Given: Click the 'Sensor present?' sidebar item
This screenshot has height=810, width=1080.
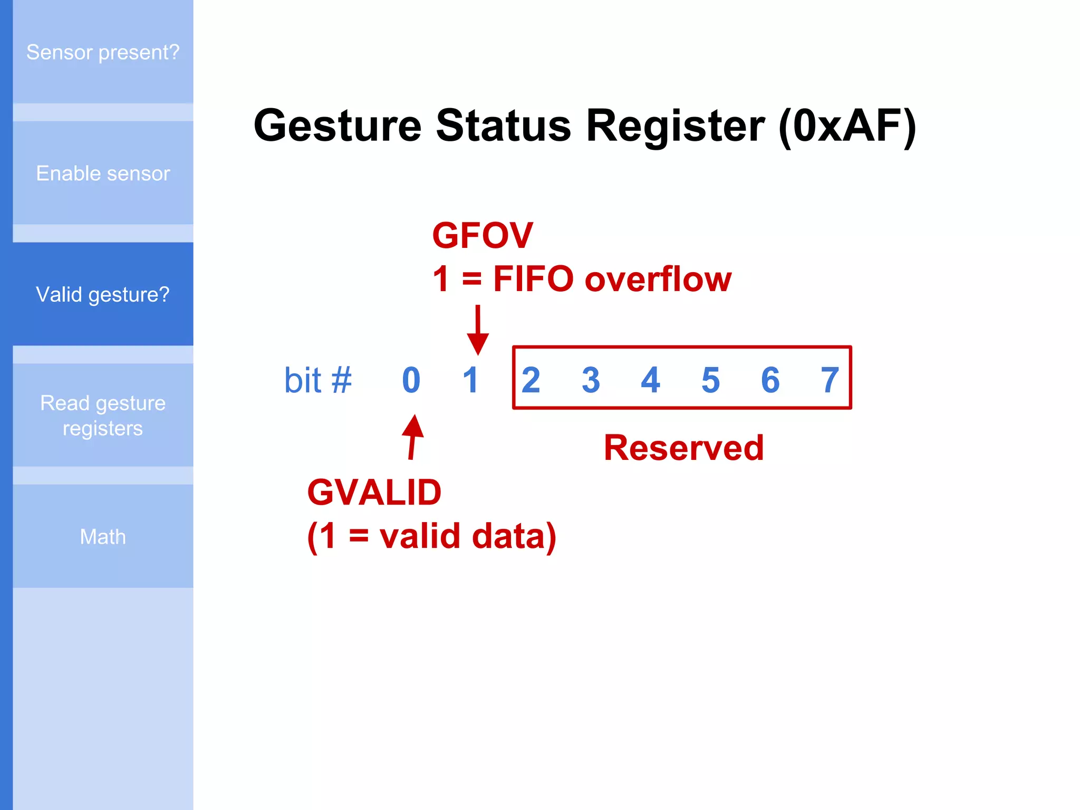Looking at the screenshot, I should (103, 52).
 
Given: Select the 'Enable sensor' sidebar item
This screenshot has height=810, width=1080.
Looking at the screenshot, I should (103, 173).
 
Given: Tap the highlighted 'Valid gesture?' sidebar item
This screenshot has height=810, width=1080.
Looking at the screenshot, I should (103, 294).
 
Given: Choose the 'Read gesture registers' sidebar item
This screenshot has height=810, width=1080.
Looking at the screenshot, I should (103, 416).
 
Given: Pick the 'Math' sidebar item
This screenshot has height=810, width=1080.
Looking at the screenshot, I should (103, 536).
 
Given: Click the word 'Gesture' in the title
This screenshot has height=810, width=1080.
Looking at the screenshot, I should (337, 126).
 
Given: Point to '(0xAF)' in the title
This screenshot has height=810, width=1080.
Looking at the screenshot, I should (847, 126).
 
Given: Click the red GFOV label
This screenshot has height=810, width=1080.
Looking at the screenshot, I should (483, 235).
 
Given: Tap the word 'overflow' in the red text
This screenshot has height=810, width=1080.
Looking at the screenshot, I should (658, 279).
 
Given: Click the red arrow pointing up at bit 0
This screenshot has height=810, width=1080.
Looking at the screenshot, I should (413, 437).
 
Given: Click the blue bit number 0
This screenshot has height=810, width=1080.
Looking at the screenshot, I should (411, 380).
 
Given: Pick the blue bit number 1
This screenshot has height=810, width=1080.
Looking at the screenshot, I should (470, 380).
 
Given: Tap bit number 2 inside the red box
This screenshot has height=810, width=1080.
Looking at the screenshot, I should (531, 380).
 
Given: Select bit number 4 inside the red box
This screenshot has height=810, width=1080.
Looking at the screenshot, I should (650, 380).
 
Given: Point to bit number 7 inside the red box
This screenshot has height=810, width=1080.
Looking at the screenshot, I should (830, 380).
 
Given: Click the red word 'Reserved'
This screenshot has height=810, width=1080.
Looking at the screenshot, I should (683, 448).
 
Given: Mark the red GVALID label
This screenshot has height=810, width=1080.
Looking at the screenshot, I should (374, 493).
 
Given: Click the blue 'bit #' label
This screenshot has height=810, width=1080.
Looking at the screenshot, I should (318, 380).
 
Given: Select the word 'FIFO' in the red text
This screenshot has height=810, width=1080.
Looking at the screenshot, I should (533, 279).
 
